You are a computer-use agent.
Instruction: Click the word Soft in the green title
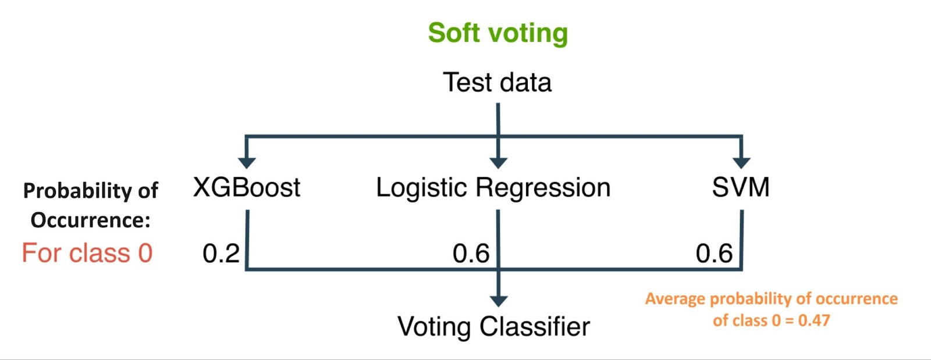(x=453, y=33)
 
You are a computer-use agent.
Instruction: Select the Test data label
(x=497, y=82)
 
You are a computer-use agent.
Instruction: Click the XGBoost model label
(x=247, y=187)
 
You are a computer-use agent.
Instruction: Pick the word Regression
(x=543, y=188)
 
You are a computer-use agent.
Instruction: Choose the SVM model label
(x=741, y=187)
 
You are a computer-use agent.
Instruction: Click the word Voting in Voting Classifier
(x=433, y=327)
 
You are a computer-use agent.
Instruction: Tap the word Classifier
(x=535, y=326)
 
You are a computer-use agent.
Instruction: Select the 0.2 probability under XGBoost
(x=221, y=254)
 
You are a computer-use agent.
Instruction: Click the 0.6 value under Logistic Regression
(x=471, y=254)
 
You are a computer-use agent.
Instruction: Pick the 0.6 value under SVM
(x=714, y=254)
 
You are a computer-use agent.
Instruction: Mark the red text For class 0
(x=87, y=253)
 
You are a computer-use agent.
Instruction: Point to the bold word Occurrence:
(x=91, y=220)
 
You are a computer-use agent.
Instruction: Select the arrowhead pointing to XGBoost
(x=247, y=163)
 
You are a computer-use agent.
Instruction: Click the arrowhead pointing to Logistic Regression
(x=498, y=163)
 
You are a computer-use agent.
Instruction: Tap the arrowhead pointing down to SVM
(x=741, y=163)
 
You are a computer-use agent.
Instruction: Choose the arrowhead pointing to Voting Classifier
(x=498, y=301)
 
